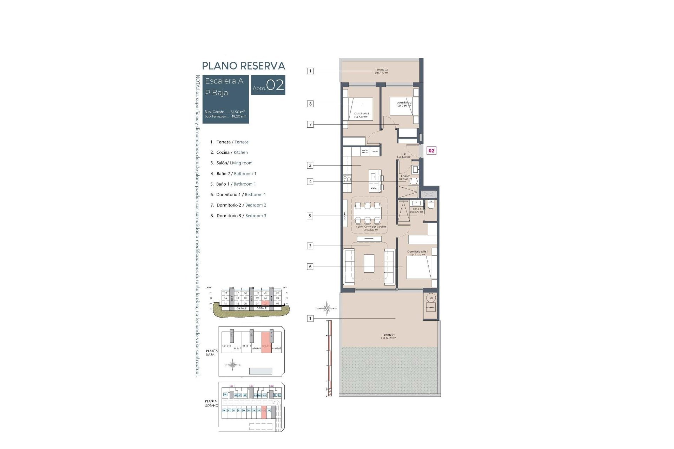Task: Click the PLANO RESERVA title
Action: pos(243,66)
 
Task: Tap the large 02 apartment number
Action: pos(275,85)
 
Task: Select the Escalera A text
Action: pos(224,81)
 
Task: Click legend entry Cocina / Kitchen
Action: pos(232,152)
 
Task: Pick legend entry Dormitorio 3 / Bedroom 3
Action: pos(241,216)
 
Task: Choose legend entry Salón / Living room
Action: pos(234,163)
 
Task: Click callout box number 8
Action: pos(310,104)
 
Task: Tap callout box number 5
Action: pos(310,216)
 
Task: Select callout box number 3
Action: pos(310,246)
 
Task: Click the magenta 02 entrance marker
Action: pos(431,150)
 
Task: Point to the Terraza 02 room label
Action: pos(381,71)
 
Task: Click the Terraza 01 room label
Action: pos(388,336)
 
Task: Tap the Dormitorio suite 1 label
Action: pos(417,253)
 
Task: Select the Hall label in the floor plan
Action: pos(404,155)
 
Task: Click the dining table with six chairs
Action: pos(367,213)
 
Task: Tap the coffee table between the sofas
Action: pos(369,263)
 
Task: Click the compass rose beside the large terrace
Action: pos(326,308)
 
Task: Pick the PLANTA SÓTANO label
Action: pos(211,403)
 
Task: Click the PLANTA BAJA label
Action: pos(212,353)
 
